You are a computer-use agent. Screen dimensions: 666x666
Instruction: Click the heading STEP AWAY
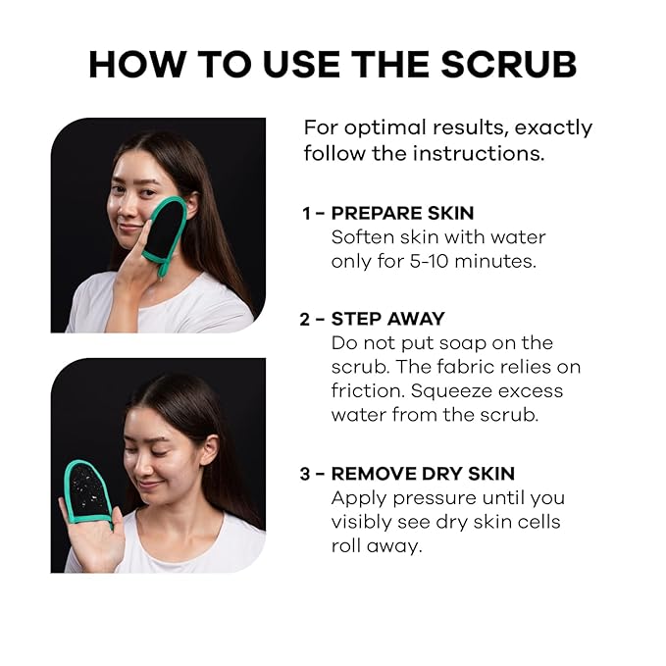pos(387,318)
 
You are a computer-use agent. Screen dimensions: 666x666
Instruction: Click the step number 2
pos(305,318)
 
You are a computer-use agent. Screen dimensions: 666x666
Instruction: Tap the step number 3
pos(305,473)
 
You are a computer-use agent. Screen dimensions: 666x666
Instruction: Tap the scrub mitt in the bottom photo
pos(89,493)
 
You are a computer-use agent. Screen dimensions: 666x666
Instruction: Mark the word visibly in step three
pos(364,522)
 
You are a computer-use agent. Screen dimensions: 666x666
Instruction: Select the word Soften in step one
pos(362,236)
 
